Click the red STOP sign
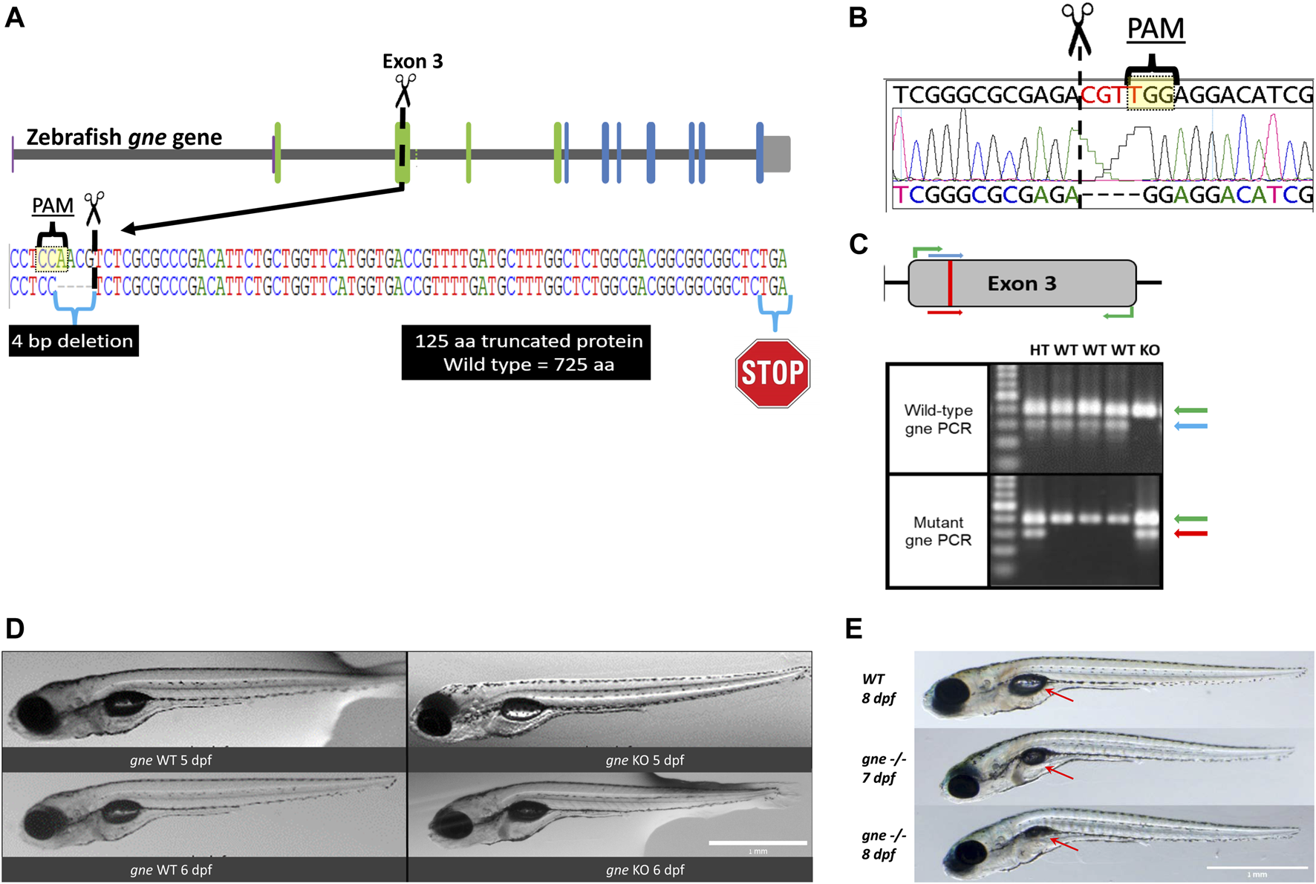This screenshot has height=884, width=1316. pyautogui.click(x=772, y=373)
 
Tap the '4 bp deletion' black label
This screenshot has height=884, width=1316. pyautogui.click(x=73, y=341)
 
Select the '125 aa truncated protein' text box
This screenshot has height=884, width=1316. pyautogui.click(x=526, y=352)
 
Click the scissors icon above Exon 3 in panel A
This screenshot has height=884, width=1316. pyautogui.click(x=405, y=91)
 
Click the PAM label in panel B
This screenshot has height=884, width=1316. pyautogui.click(x=1155, y=29)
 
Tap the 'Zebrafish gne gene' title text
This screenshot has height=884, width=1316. pyautogui.click(x=124, y=137)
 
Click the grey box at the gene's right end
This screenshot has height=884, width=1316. pyautogui.click(x=777, y=154)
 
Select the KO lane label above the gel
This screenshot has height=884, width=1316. pyautogui.click(x=1149, y=350)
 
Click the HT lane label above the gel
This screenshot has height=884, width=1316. pyautogui.click(x=1039, y=350)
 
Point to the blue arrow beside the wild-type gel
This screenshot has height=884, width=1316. pyautogui.click(x=1190, y=426)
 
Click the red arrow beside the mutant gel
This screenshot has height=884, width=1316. pyautogui.click(x=1190, y=533)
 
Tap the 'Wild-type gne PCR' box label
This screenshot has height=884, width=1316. pyautogui.click(x=938, y=419)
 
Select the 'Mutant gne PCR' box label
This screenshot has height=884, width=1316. pyautogui.click(x=938, y=531)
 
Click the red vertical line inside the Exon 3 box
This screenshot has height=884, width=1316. pyautogui.click(x=949, y=283)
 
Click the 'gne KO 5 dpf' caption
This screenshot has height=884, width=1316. pyautogui.click(x=645, y=760)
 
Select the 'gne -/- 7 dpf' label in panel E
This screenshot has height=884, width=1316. pyautogui.click(x=882, y=768)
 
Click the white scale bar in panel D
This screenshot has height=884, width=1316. pyautogui.click(x=758, y=842)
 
